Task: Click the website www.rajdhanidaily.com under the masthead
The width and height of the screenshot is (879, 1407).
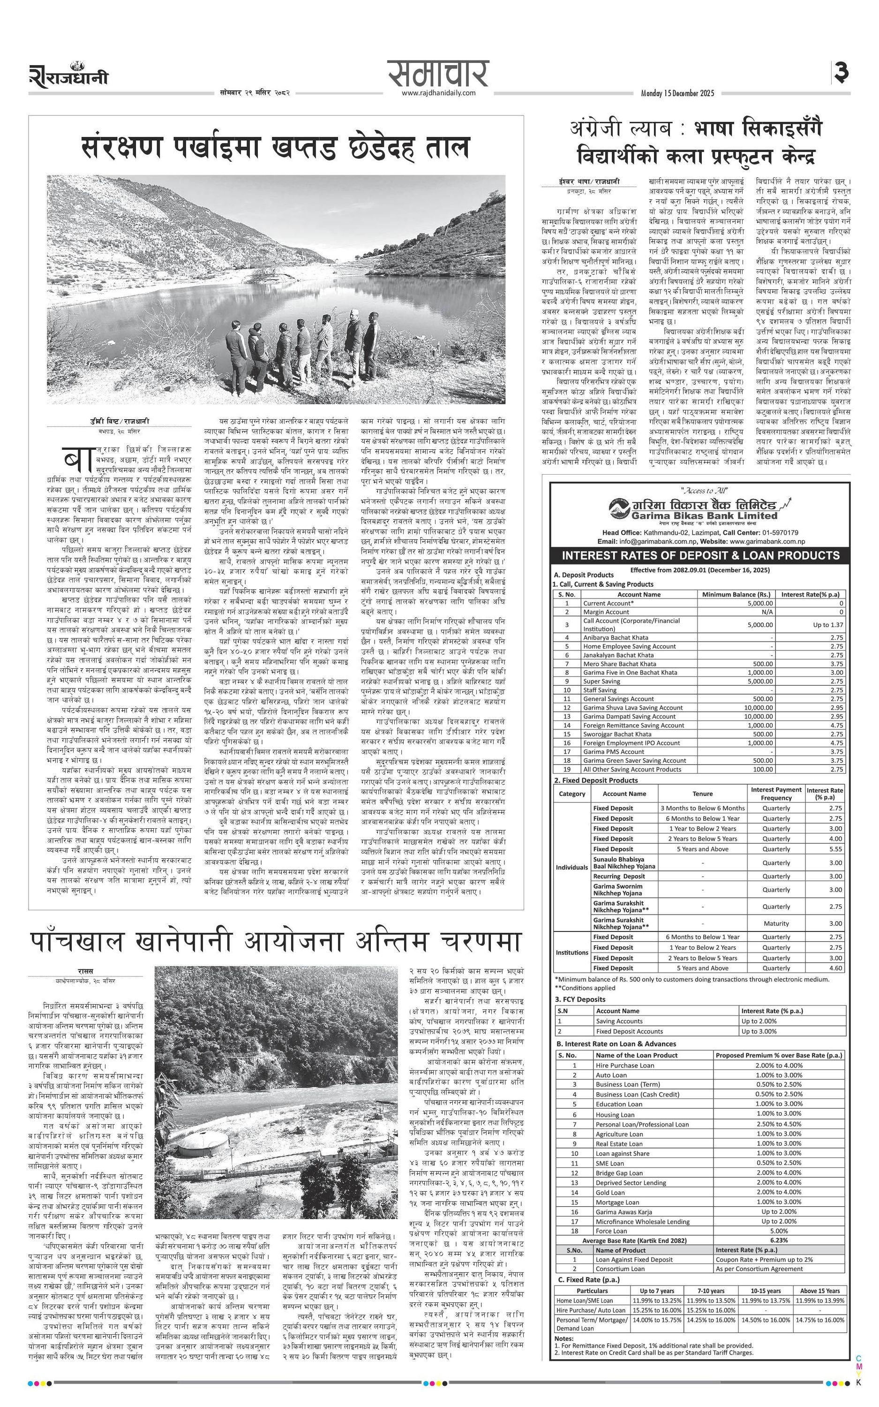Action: click(438, 93)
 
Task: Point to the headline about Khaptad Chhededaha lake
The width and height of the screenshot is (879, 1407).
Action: click(275, 148)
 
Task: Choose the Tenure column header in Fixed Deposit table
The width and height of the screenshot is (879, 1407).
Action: click(702, 794)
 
